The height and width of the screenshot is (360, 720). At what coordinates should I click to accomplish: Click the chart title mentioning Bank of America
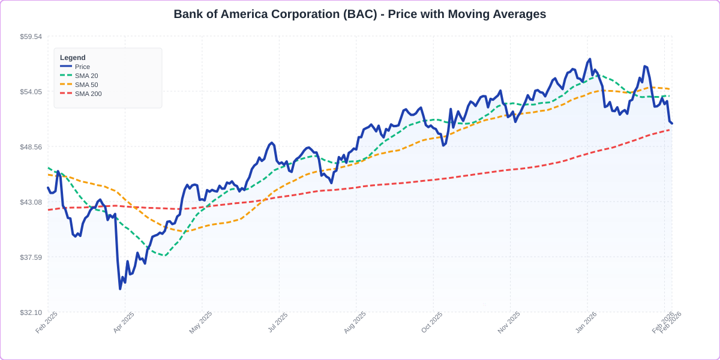point(359,14)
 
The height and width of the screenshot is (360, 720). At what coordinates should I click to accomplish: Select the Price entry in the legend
point(82,67)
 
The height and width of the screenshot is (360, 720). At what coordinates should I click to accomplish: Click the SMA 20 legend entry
point(86,76)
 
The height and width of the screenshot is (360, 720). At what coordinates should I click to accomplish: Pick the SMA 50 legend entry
point(86,85)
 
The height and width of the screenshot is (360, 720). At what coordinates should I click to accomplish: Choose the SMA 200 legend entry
point(88,94)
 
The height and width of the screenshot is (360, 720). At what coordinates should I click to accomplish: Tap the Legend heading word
point(73,58)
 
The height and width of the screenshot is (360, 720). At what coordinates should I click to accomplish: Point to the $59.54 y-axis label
point(31,37)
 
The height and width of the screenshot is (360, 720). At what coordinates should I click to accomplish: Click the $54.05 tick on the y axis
point(31,92)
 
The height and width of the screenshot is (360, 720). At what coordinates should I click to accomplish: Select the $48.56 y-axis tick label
point(31,147)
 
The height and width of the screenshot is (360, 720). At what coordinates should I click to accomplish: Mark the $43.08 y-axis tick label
point(31,202)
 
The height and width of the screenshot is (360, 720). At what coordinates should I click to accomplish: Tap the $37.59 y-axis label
point(31,257)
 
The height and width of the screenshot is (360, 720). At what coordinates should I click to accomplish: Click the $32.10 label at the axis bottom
point(31,313)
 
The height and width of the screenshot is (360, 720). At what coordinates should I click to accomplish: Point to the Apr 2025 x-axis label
point(124,323)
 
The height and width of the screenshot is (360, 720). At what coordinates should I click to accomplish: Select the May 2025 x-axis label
point(200,323)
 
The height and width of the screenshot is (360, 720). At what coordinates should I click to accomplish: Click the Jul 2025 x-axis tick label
point(277,323)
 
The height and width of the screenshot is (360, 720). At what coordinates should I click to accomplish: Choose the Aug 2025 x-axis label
point(354,323)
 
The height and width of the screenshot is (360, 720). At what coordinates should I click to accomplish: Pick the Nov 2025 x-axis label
point(508,323)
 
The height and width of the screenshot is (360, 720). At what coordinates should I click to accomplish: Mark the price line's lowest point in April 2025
point(120,289)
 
